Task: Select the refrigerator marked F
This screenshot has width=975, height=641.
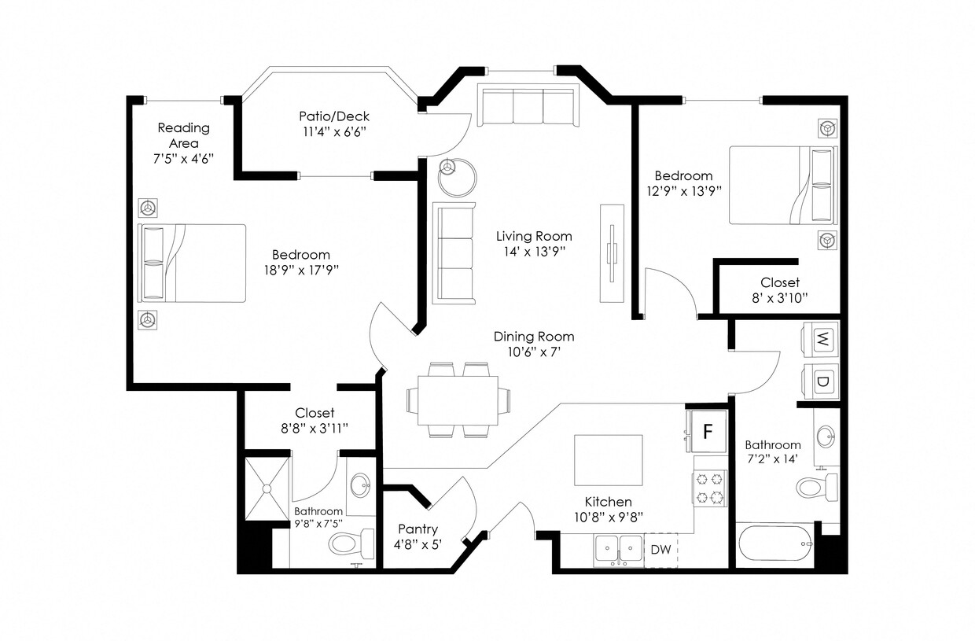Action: click(x=708, y=431)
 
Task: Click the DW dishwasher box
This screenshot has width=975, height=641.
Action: click(x=661, y=550)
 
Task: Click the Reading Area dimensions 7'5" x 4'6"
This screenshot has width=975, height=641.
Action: click(x=183, y=158)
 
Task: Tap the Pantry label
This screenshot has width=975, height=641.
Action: click(x=418, y=529)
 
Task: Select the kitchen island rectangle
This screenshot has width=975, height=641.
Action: click(x=608, y=460)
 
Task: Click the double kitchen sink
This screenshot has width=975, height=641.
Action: click(x=619, y=548)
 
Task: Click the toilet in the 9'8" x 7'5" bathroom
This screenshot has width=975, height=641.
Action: click(x=352, y=542)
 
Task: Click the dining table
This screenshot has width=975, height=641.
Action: click(x=457, y=400)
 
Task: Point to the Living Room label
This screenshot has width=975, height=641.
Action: click(x=534, y=236)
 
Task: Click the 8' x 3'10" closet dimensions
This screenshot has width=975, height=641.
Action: click(x=779, y=297)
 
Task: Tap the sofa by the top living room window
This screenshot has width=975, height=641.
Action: click(x=528, y=107)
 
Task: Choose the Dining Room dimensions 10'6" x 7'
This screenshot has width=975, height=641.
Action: click(x=534, y=352)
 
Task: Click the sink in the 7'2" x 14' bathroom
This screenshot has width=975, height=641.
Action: click(x=826, y=437)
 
